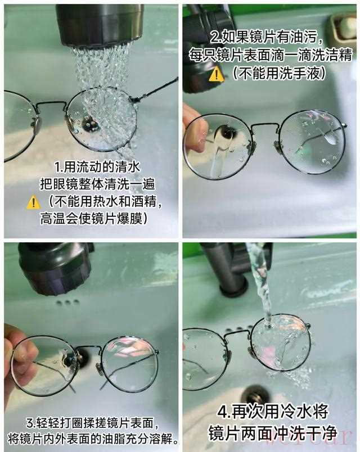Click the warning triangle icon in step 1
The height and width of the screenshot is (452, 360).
coord(33,202)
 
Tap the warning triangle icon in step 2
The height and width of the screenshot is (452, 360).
coord(217,74)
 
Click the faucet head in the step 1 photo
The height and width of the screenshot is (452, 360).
coord(100,25)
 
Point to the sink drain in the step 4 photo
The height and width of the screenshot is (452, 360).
coord(256,394)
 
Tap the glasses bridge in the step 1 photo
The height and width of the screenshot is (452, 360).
coord(51,103)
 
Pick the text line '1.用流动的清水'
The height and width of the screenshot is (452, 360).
coord(97,167)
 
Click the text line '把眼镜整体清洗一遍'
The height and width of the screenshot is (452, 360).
coord(97,184)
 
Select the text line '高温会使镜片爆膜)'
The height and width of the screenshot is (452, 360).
coord(94,219)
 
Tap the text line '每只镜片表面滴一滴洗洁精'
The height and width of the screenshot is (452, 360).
coord(271,55)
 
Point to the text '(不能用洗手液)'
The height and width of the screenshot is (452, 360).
coord(279,73)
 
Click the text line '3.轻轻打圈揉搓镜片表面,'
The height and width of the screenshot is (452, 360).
coord(92,423)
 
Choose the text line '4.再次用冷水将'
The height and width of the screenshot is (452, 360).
coord(273,412)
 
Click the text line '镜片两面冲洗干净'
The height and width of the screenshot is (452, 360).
coord(273,432)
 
